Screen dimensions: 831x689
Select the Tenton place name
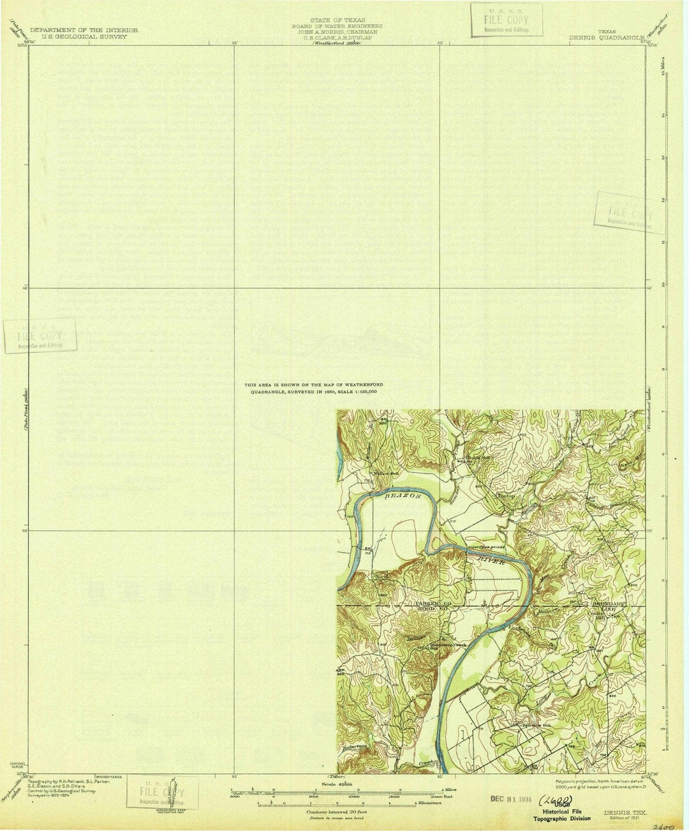pyautogui.click(x=506, y=496)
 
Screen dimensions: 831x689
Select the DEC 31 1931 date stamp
pyautogui.click(x=510, y=798)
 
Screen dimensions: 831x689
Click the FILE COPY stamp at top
pyautogui.click(x=506, y=20)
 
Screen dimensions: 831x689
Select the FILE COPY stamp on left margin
pyautogui.click(x=40, y=336)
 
